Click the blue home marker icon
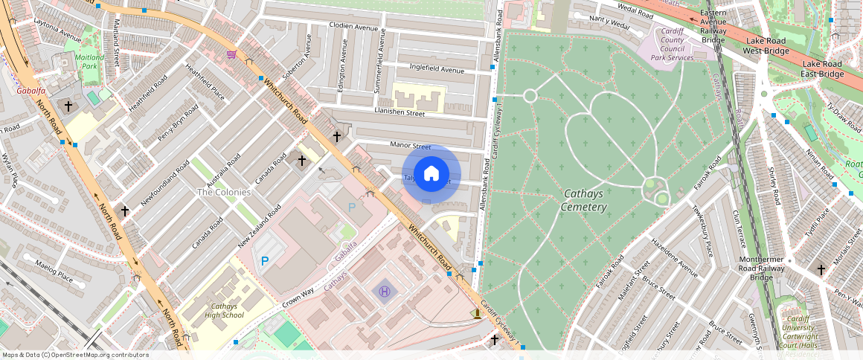431,174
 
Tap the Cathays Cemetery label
584,200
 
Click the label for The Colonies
223,192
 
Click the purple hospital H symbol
384,291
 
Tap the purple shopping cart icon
231,54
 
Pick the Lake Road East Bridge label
821,68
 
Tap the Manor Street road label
411,147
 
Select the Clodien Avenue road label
354,26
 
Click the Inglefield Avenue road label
437,69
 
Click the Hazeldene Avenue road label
675,257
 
